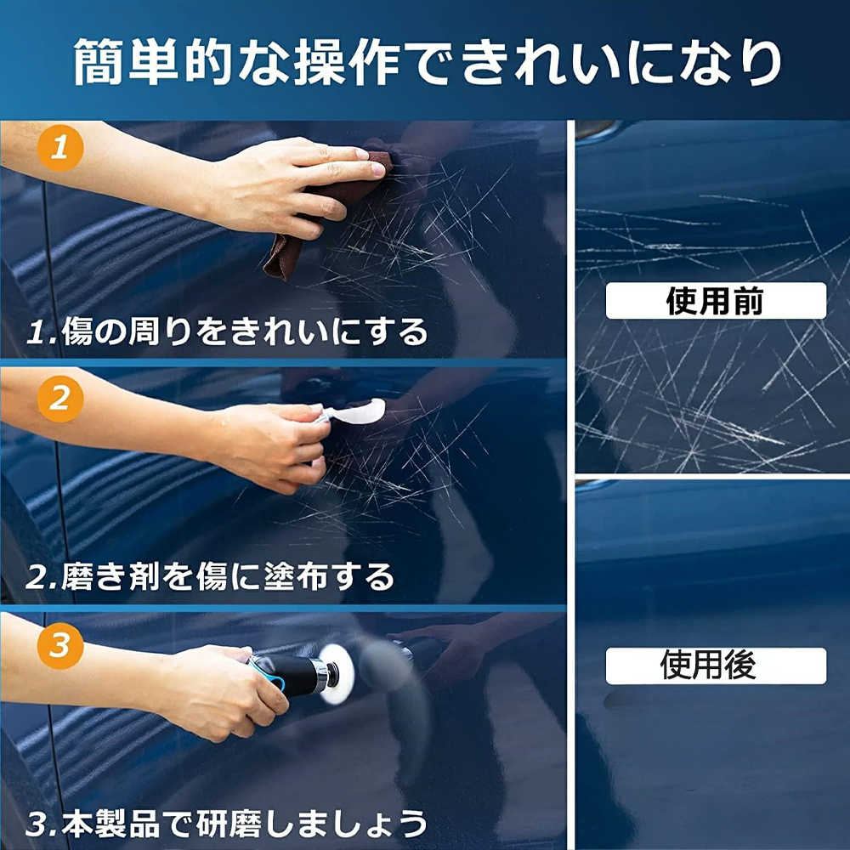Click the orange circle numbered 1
tap(60, 148)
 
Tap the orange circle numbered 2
tap(60, 399)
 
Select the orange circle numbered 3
tap(60, 646)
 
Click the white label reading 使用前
tap(716, 300)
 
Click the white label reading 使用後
tap(716, 666)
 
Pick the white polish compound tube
tap(355, 412)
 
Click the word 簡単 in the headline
tap(127, 60)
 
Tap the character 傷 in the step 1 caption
tap(78, 331)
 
